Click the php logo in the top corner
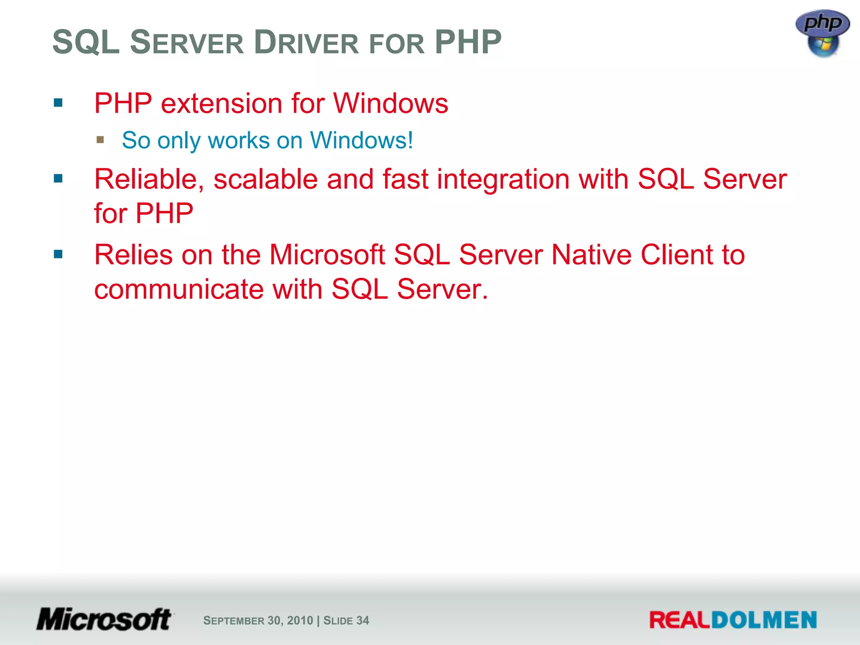click(x=822, y=33)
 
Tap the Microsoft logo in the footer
click(x=104, y=619)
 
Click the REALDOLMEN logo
click(x=733, y=620)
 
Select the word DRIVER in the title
click(x=307, y=42)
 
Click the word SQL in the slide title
click(x=86, y=42)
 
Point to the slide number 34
click(x=363, y=620)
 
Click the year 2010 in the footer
click(x=300, y=620)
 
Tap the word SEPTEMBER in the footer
click(x=233, y=620)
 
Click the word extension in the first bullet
click(x=221, y=103)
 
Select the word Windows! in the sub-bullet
click(x=362, y=140)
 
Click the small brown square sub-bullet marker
click(x=100, y=139)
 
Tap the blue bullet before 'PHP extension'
click(x=58, y=103)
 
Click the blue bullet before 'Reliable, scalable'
click(x=58, y=179)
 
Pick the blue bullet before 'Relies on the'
click(x=58, y=254)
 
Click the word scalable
click(x=265, y=179)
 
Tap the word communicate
click(x=178, y=289)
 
